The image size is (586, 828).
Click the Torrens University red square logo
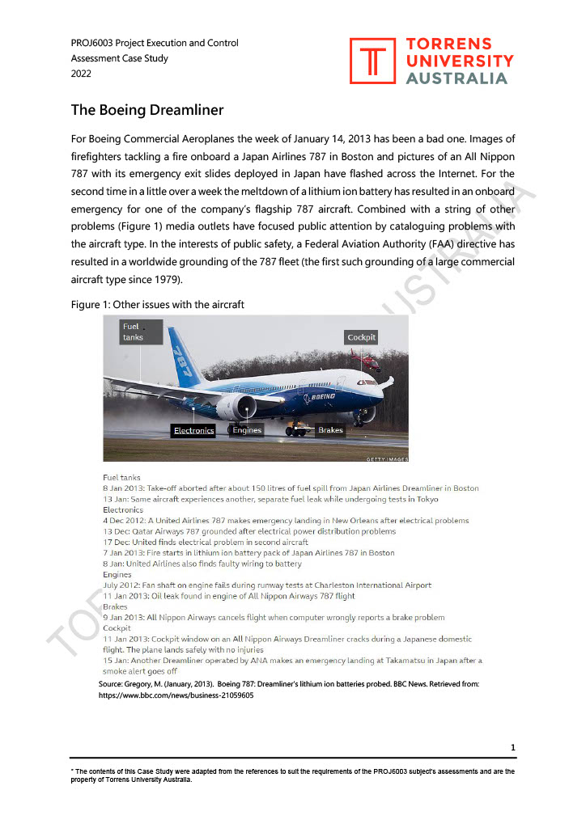[373, 61]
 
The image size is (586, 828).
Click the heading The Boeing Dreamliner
[146, 110]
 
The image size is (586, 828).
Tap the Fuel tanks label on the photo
[133, 332]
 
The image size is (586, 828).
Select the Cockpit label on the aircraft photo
[361, 337]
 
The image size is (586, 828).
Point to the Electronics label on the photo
[193, 430]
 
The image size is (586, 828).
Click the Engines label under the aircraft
[247, 430]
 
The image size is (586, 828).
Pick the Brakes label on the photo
[330, 430]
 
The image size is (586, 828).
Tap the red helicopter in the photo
[366, 360]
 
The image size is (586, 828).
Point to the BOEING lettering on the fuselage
[323, 397]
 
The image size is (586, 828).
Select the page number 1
[513, 747]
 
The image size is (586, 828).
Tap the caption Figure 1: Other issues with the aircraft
[157, 304]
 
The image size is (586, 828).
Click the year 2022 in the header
[82, 73]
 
